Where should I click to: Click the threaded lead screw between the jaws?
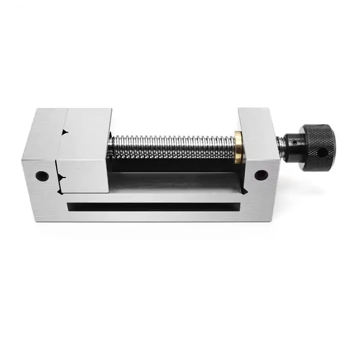[x=171, y=144]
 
